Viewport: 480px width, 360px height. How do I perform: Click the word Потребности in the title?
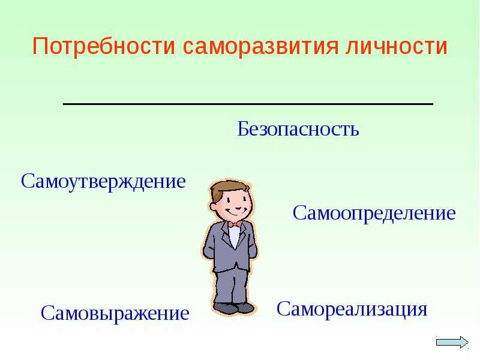coord(103,47)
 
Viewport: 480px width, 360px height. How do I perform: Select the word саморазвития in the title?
coord(261,47)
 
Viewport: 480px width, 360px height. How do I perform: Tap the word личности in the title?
coord(397,46)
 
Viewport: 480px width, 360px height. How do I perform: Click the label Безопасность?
coord(298,128)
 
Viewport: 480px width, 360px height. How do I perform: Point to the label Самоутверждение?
coord(103,182)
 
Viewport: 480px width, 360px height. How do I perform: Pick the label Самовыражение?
coord(115,314)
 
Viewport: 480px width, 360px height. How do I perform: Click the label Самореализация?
coord(352,310)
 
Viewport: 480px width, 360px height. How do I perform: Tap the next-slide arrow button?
coord(452,342)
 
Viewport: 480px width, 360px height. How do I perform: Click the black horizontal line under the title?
coord(248,104)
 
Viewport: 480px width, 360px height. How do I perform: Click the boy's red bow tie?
coord(235,224)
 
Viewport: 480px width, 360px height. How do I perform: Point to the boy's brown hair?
coord(227,190)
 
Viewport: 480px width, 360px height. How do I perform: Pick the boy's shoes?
coord(233,307)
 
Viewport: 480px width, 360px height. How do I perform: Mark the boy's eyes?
coord(237,199)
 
